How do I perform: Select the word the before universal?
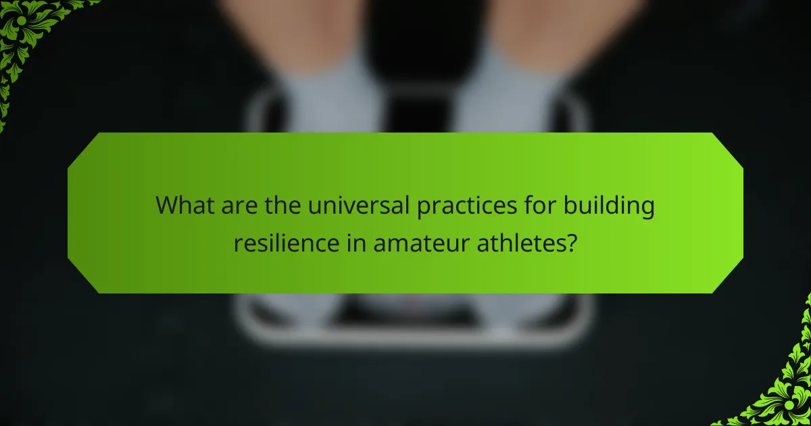tap(280, 205)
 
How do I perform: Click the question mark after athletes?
tap(572, 241)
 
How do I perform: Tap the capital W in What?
tap(165, 205)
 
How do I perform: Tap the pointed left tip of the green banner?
tap(70, 213)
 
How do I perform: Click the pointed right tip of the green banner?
tap(741, 213)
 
